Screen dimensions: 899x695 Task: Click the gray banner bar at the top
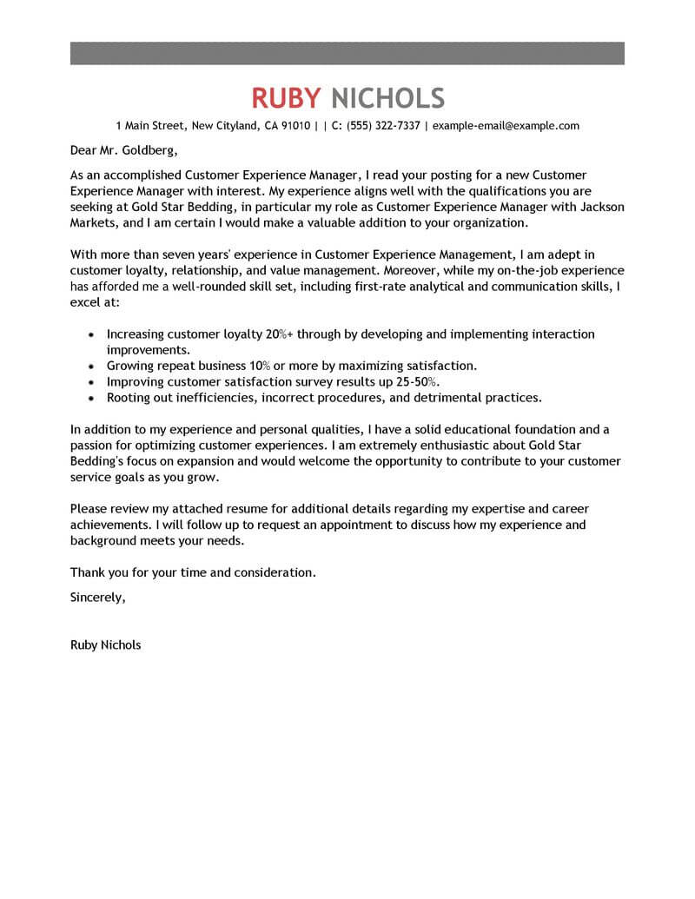click(347, 52)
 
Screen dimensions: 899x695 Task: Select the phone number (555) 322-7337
click(383, 126)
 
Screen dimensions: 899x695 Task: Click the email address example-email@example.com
click(506, 126)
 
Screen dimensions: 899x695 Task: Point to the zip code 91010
click(294, 126)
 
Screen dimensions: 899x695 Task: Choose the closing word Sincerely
click(97, 597)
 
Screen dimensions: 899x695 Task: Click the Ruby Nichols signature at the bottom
click(104, 645)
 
